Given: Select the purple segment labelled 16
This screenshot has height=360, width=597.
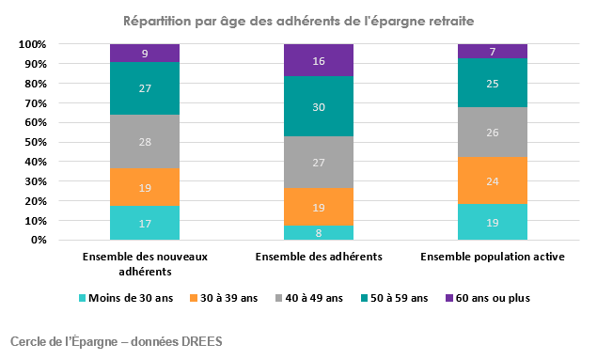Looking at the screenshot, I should click(x=318, y=60).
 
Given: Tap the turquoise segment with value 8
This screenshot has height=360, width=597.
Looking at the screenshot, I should click(x=318, y=232).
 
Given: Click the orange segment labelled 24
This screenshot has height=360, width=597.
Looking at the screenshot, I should click(x=492, y=181).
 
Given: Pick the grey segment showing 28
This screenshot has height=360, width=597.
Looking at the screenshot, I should click(x=145, y=142).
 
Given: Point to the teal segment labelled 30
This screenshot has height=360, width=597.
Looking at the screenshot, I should click(x=318, y=106).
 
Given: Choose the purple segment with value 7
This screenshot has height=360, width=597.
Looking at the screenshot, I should click(x=492, y=51).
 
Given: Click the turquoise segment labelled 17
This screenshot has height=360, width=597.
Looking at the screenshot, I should click(x=145, y=224).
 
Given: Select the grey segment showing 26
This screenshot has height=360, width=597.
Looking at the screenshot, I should click(x=492, y=133).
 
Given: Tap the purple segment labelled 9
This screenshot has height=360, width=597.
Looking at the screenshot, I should click(x=145, y=54).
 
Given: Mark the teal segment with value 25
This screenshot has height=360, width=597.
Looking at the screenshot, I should click(x=492, y=84).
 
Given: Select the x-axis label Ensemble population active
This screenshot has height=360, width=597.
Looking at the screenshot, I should click(x=492, y=256).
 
